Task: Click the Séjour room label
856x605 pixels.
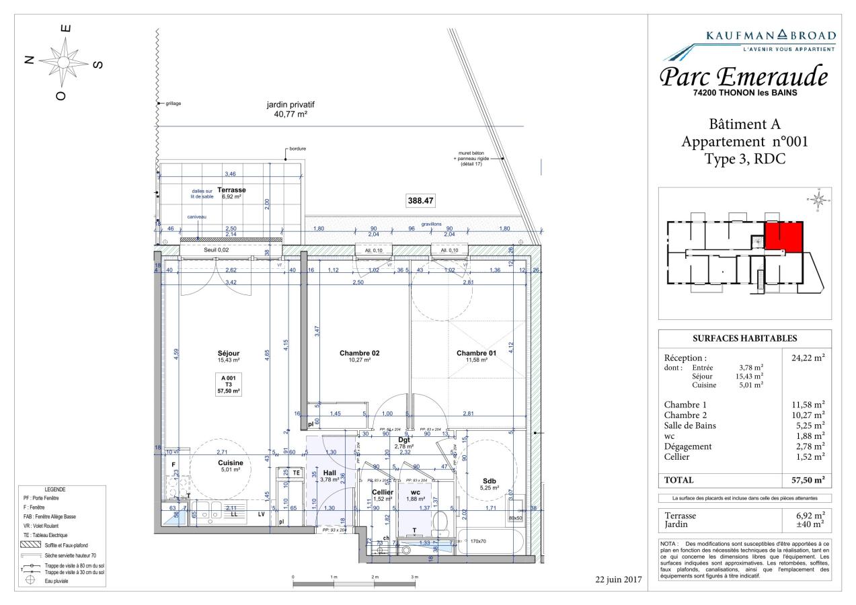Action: pos(229,354)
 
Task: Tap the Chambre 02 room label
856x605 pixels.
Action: pos(360,354)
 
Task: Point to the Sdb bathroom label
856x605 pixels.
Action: pos(490,481)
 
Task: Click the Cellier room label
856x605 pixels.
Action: pos(382,492)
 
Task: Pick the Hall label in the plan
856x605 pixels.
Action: pos(329,473)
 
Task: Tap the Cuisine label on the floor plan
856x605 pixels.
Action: pos(230,462)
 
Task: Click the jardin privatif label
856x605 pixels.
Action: pos(290,106)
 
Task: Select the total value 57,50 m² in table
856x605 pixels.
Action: pos(807,480)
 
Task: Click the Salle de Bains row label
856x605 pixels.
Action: pos(690,426)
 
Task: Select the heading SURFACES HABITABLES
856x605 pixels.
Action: pos(744,338)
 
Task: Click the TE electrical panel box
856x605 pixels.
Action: pos(296,473)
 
